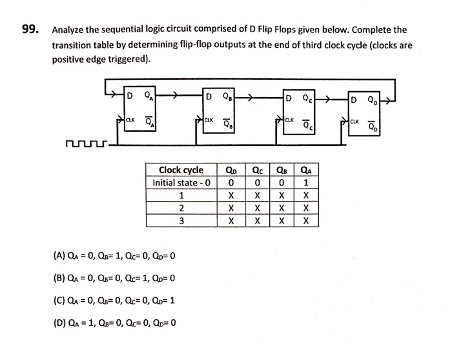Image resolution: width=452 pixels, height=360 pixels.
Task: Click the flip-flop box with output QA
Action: (139, 109)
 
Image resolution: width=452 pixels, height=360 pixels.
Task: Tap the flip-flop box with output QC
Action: (300, 109)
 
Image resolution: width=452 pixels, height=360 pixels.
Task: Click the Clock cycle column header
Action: (181, 171)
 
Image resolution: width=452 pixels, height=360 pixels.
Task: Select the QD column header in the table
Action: (231, 171)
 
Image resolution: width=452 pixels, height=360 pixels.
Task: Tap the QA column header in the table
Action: (306, 171)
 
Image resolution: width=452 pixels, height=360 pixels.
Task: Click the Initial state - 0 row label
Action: (181, 183)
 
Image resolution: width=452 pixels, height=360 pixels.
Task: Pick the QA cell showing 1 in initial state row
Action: (306, 183)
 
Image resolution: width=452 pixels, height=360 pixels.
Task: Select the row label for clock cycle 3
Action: (181, 220)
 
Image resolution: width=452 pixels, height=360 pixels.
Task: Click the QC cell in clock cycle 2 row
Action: (256, 208)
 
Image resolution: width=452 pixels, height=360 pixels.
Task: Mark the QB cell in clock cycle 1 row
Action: (282, 195)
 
